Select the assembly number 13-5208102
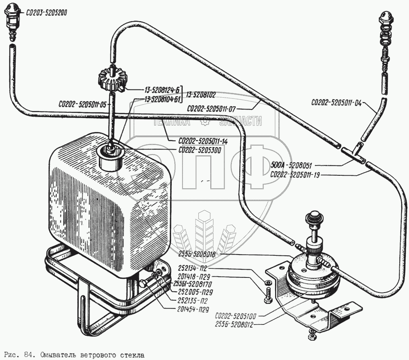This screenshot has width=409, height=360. pyautogui.click(x=206, y=94)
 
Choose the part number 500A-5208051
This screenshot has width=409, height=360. pyautogui.click(x=291, y=165)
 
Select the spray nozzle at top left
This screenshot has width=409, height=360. pyautogui.click(x=12, y=18)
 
